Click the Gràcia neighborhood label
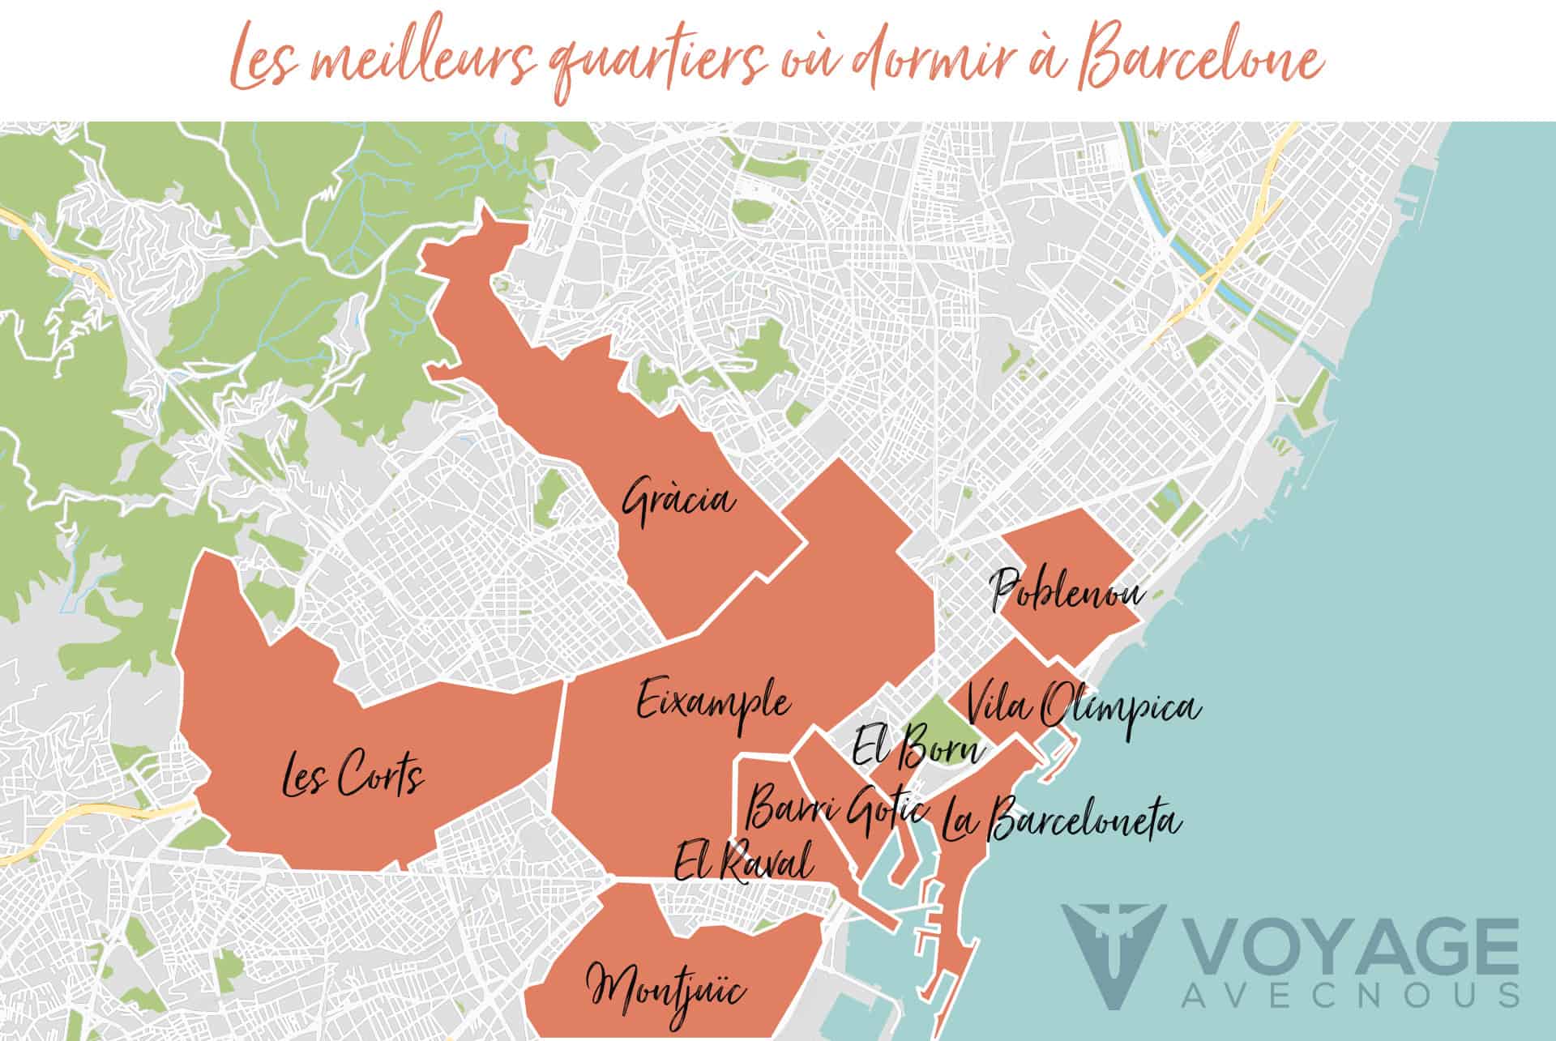679,501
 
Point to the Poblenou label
1068,592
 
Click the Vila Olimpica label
1083,706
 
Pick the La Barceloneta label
1060,820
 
